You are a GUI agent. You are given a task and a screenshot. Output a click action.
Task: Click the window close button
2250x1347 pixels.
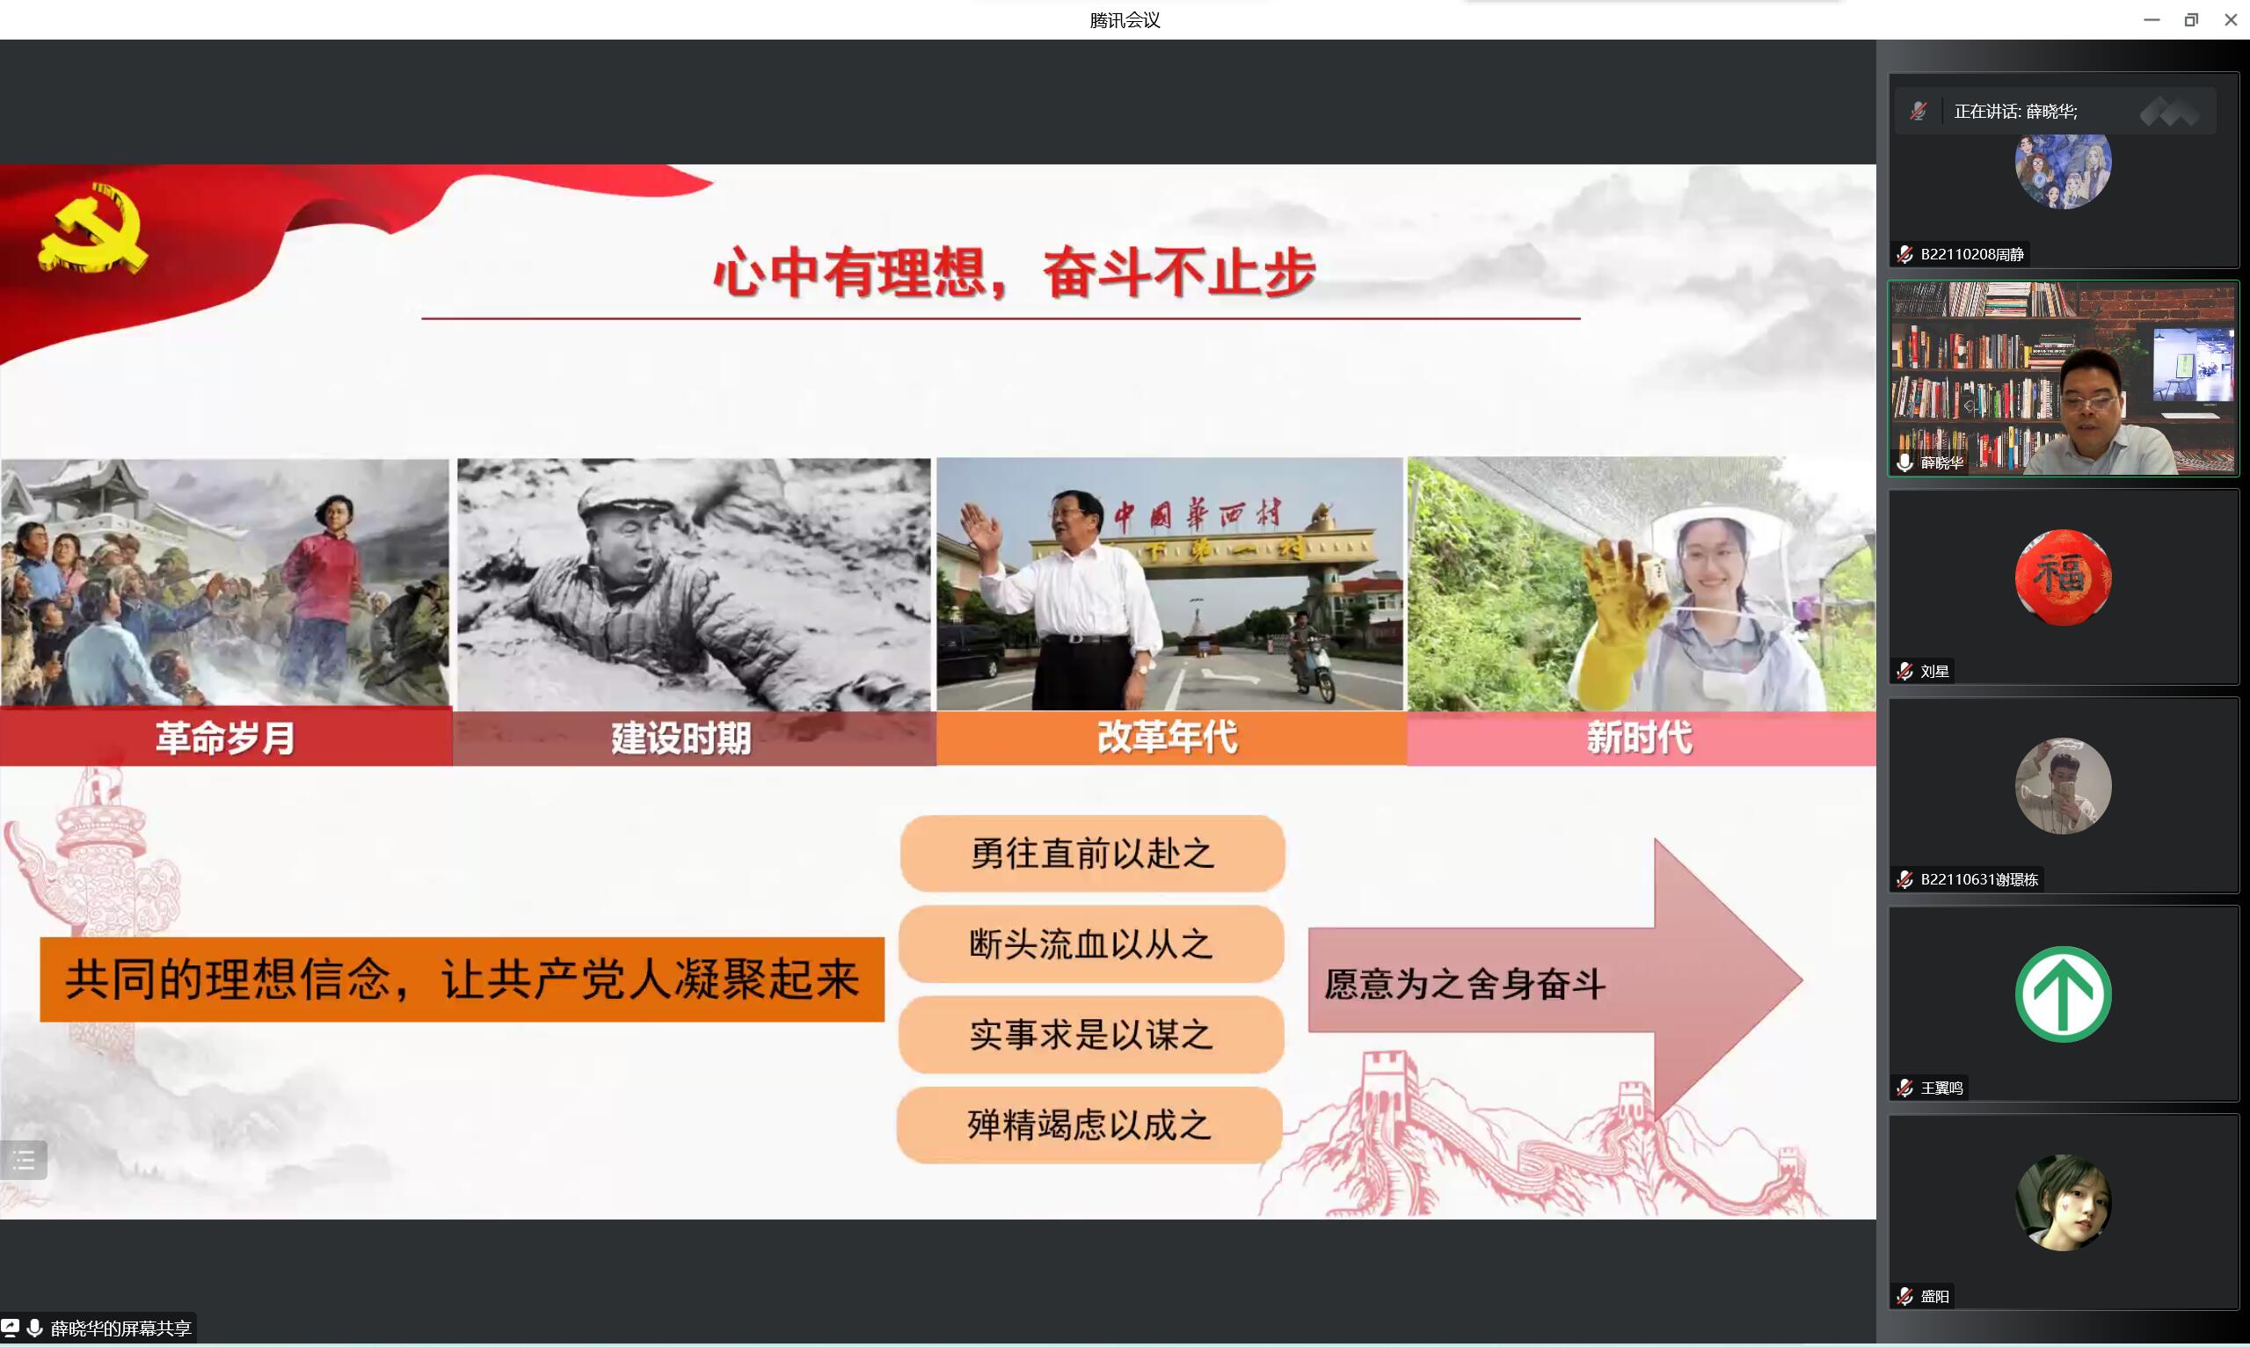pos(2230,19)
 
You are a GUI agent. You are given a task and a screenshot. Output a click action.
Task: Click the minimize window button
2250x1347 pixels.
pos(2151,19)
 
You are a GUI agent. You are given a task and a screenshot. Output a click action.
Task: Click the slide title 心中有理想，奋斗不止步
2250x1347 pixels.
pos(1014,273)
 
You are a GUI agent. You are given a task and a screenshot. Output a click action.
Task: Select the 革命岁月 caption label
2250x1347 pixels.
pos(225,737)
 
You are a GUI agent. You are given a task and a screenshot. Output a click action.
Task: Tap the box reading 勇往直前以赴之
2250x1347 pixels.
pos(1092,853)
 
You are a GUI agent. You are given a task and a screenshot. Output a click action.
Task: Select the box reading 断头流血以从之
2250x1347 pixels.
pos(1091,944)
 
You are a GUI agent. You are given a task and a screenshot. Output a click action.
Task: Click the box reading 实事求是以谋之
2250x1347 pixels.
pos(1091,1035)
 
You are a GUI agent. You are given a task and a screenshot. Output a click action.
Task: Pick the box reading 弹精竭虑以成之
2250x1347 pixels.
pos(1089,1125)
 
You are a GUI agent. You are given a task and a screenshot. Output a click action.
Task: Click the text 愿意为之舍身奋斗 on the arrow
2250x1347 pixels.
pos(1464,984)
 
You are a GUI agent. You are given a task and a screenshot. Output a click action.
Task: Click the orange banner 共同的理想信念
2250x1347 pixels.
pos(462,979)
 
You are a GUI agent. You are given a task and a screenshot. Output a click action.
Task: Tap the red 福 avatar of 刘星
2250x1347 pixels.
pos(2063,578)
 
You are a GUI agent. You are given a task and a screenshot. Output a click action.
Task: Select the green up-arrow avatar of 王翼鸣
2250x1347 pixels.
pos(2063,994)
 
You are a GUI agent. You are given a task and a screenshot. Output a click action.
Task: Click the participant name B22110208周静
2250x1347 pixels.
pos(1971,254)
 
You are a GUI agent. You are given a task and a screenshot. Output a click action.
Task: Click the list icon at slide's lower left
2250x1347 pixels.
pos(24,1160)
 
